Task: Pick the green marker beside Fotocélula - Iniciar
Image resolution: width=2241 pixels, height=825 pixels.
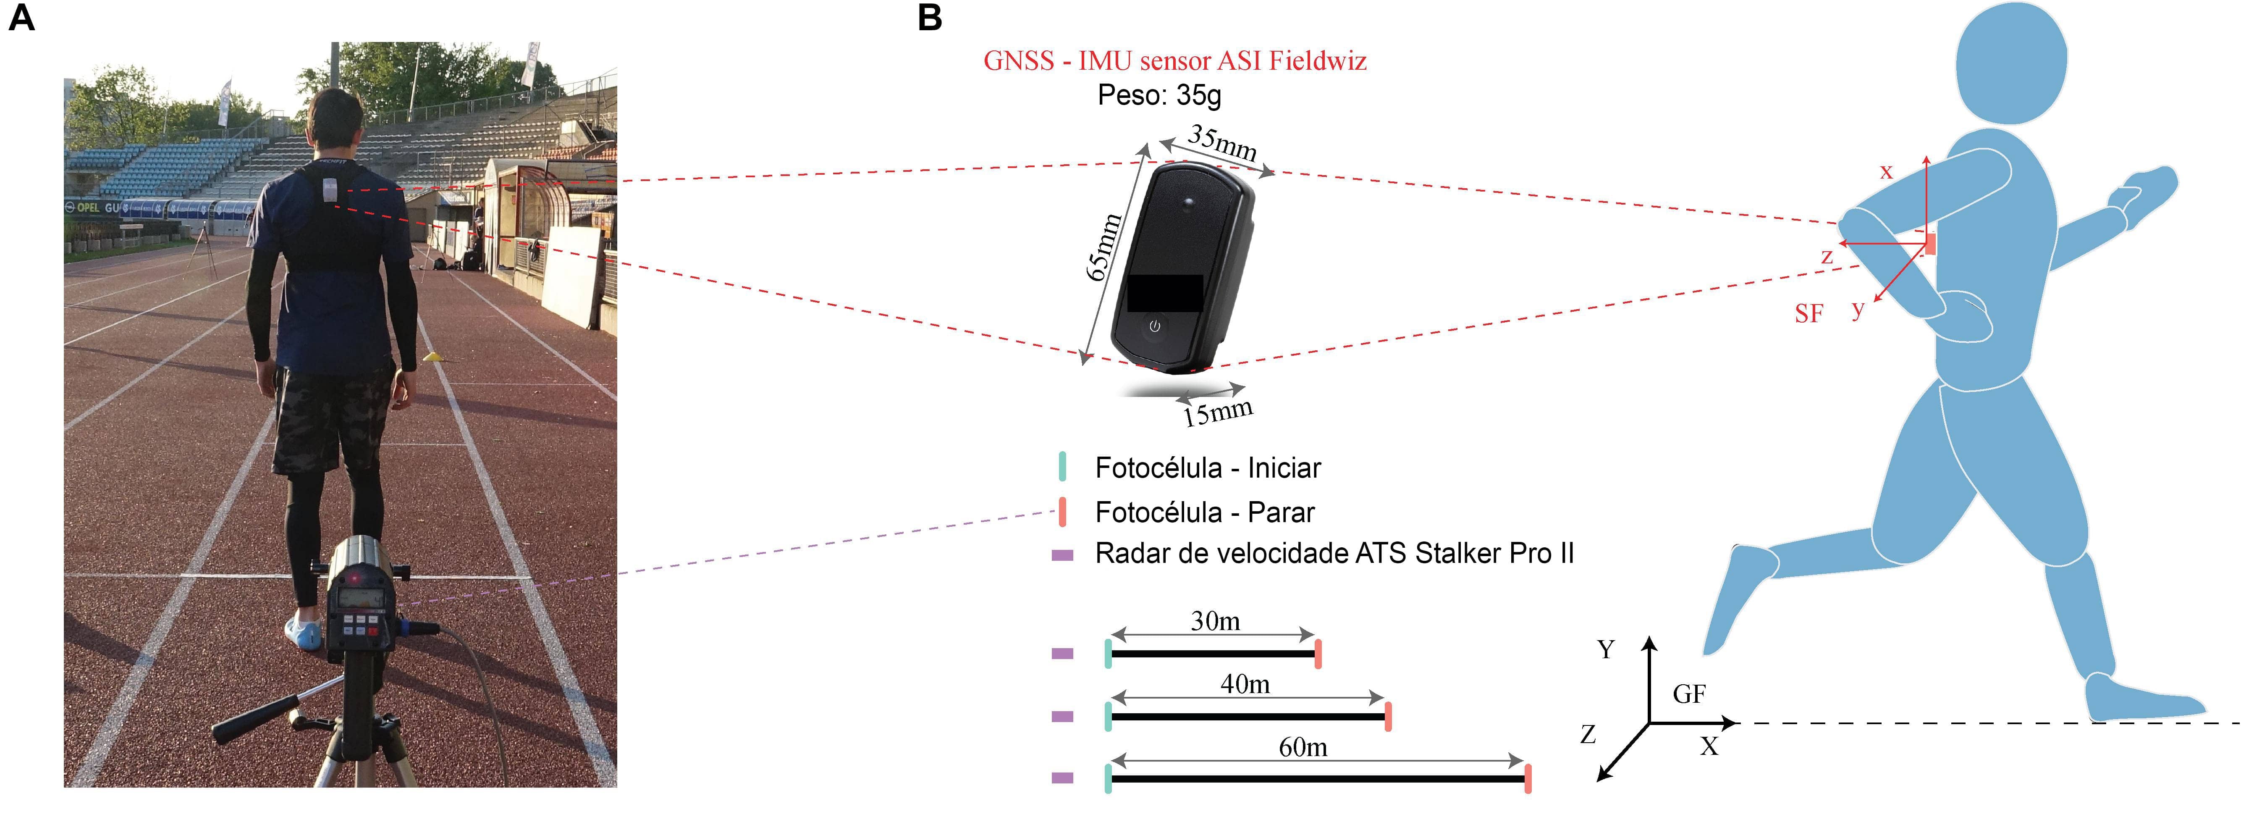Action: (x=1062, y=468)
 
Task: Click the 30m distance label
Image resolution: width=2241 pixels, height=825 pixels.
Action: (x=1215, y=621)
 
